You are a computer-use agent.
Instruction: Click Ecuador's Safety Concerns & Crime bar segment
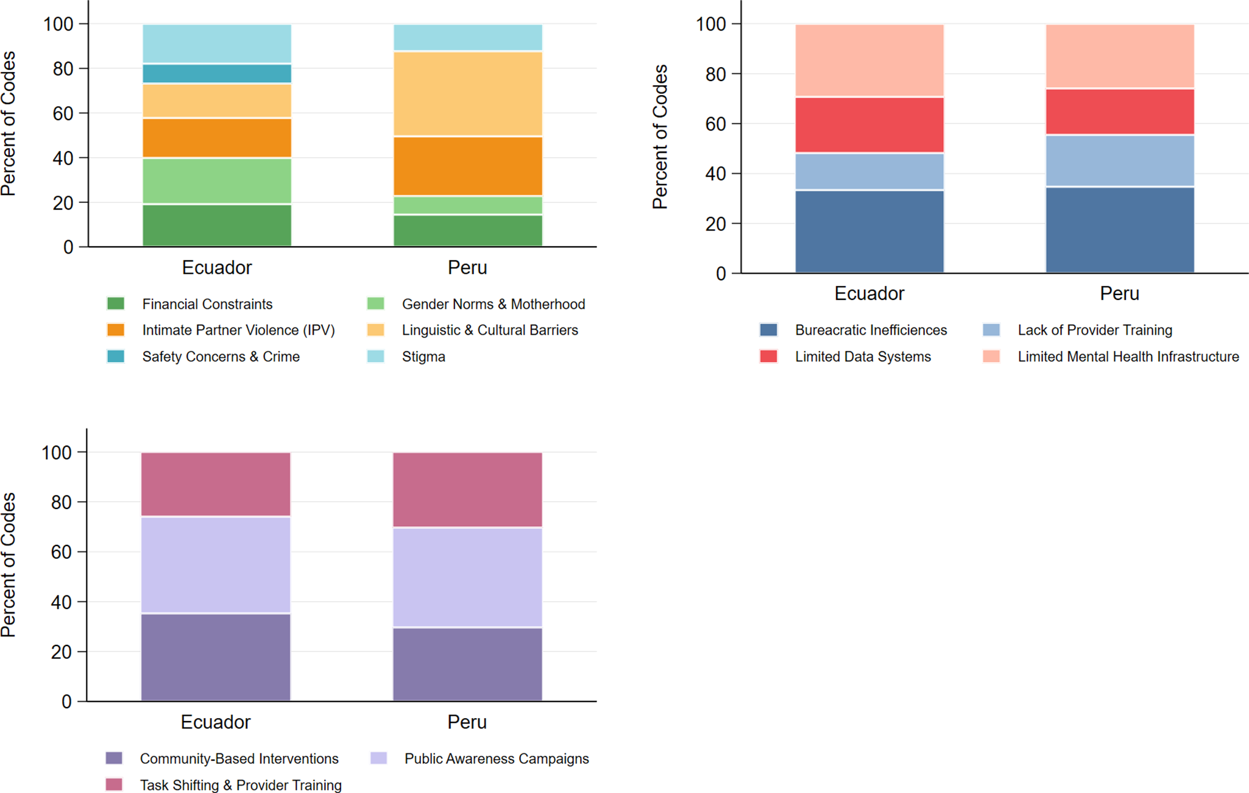(217, 74)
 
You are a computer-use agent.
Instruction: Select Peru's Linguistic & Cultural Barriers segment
(468, 94)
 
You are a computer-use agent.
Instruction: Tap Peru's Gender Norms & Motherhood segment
(468, 205)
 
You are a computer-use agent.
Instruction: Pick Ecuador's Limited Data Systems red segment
(869, 125)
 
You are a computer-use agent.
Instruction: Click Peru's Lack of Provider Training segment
(1120, 161)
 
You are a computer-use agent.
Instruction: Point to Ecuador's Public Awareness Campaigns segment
(216, 565)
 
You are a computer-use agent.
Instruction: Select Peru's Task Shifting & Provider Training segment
(467, 490)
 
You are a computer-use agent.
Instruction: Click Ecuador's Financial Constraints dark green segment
(217, 226)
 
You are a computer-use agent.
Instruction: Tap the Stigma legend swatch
(376, 357)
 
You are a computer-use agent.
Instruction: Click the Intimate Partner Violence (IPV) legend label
(238, 330)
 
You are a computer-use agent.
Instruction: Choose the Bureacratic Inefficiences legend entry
(871, 330)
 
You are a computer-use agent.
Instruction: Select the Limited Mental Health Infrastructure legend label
(1128, 357)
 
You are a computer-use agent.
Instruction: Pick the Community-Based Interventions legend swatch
(114, 758)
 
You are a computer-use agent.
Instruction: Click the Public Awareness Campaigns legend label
(497, 759)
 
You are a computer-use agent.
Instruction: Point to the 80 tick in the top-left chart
(63, 69)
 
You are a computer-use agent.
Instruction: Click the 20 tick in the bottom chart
(61, 652)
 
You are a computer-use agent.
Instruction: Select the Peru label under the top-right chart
(1119, 294)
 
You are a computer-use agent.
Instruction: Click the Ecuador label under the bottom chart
(216, 722)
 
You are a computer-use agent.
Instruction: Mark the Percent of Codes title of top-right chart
(660, 137)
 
